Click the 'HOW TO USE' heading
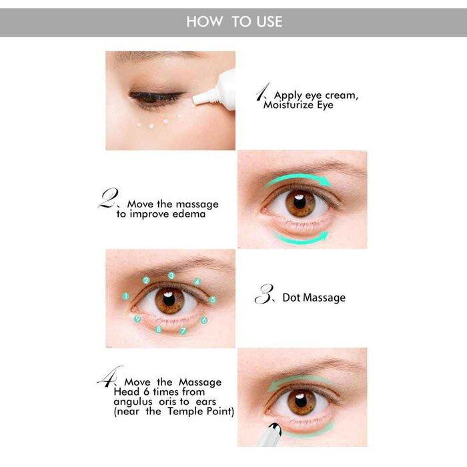pos(234,22)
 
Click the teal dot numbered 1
pos(125,296)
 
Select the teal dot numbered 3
pos(171,276)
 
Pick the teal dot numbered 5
pos(212,300)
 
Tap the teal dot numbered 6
pos(204,320)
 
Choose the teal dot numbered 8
pos(159,330)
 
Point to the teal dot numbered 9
pos(137,319)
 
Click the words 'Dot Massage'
pos(314,298)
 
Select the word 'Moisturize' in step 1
pos(288,105)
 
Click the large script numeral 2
pos(108,197)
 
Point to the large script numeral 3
pos(264,294)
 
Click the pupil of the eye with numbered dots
pos(169,300)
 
